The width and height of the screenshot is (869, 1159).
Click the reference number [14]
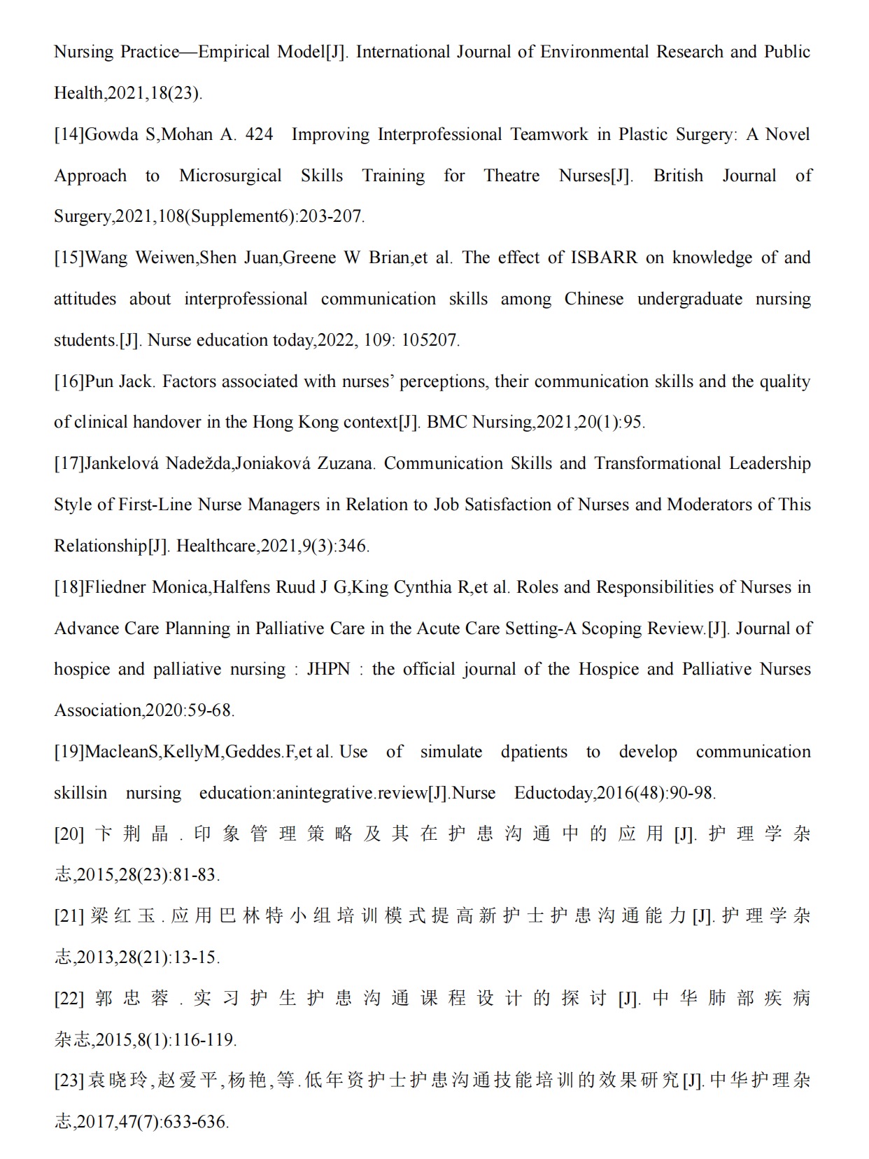69,134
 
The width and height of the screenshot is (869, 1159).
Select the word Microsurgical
230,176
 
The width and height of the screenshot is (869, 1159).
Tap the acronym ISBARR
604,258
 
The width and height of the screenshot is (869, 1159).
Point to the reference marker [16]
69,381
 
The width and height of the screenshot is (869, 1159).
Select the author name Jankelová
122,463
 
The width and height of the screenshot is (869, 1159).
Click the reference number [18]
69,587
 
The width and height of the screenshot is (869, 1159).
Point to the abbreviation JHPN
328,669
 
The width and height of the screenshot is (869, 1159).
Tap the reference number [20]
69,834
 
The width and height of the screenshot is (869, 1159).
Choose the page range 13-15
198,957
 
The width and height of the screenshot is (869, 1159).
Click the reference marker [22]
69,998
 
